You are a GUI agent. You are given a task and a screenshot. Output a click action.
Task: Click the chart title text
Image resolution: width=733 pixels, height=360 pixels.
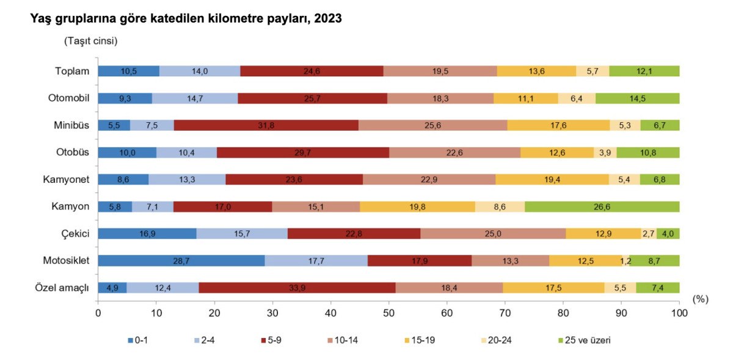(186, 19)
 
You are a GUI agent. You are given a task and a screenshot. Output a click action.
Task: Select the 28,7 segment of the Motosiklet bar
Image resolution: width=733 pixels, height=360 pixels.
(181, 260)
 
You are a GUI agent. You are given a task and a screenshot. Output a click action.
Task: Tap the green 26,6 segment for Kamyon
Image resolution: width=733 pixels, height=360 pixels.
(602, 207)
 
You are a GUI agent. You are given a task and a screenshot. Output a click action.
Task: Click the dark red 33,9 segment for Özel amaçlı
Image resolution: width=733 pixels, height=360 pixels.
(297, 287)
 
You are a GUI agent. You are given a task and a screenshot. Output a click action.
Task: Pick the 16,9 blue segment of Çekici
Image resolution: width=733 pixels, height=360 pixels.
(147, 233)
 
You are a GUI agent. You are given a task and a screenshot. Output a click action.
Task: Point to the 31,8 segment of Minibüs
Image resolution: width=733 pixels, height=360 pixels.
(266, 125)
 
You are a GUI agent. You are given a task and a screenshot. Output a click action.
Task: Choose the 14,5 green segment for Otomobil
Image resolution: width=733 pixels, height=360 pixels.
(637, 98)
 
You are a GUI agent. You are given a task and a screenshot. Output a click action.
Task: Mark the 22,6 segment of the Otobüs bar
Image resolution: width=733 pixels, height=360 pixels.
(454, 152)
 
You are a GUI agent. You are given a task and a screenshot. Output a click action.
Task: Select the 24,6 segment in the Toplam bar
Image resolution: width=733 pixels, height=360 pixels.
(312, 71)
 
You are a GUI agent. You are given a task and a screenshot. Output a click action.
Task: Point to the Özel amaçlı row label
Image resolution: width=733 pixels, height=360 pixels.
(64, 287)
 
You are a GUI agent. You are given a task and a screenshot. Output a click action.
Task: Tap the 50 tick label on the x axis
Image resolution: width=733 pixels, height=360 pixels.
(388, 313)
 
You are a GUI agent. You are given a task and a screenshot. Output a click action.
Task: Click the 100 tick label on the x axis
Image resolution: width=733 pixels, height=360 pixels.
(679, 313)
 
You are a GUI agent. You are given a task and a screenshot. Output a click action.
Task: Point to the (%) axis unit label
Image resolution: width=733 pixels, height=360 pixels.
(700, 299)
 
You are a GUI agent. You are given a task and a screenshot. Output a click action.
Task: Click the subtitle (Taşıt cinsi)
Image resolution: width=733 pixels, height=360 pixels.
(90, 42)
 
